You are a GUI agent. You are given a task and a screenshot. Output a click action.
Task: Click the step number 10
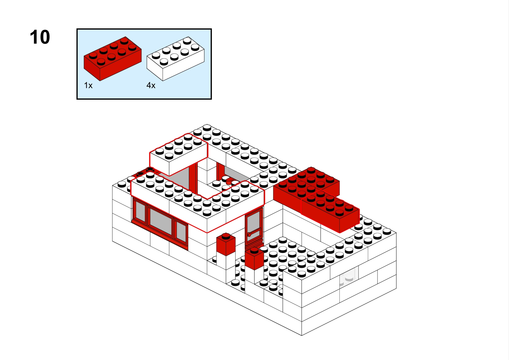pyautogui.click(x=40, y=37)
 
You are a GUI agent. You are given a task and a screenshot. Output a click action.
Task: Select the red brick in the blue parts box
pyautogui.click(x=113, y=59)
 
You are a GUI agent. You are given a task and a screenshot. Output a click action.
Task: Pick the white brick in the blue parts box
pyautogui.click(x=175, y=59)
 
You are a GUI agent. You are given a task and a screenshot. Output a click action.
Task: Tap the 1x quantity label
pyautogui.click(x=88, y=85)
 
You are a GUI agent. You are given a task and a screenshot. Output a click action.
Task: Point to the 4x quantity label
pyautogui.click(x=151, y=85)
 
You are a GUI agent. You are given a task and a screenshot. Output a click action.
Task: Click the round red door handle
pyautogui.click(x=249, y=234)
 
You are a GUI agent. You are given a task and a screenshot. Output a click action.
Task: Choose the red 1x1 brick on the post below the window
pyautogui.click(x=226, y=244)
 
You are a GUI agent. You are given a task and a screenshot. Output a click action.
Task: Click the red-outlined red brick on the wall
pyautogui.click(x=330, y=211)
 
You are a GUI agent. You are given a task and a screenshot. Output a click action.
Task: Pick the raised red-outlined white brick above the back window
pyautogui.click(x=179, y=154)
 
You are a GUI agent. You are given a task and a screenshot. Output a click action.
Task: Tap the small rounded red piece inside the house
pyautogui.click(x=230, y=181)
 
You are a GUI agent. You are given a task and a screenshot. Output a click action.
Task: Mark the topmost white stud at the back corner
pyautogui.click(x=207, y=127)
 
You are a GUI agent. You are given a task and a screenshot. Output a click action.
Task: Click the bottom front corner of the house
pyautogui.click(x=302, y=335)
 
